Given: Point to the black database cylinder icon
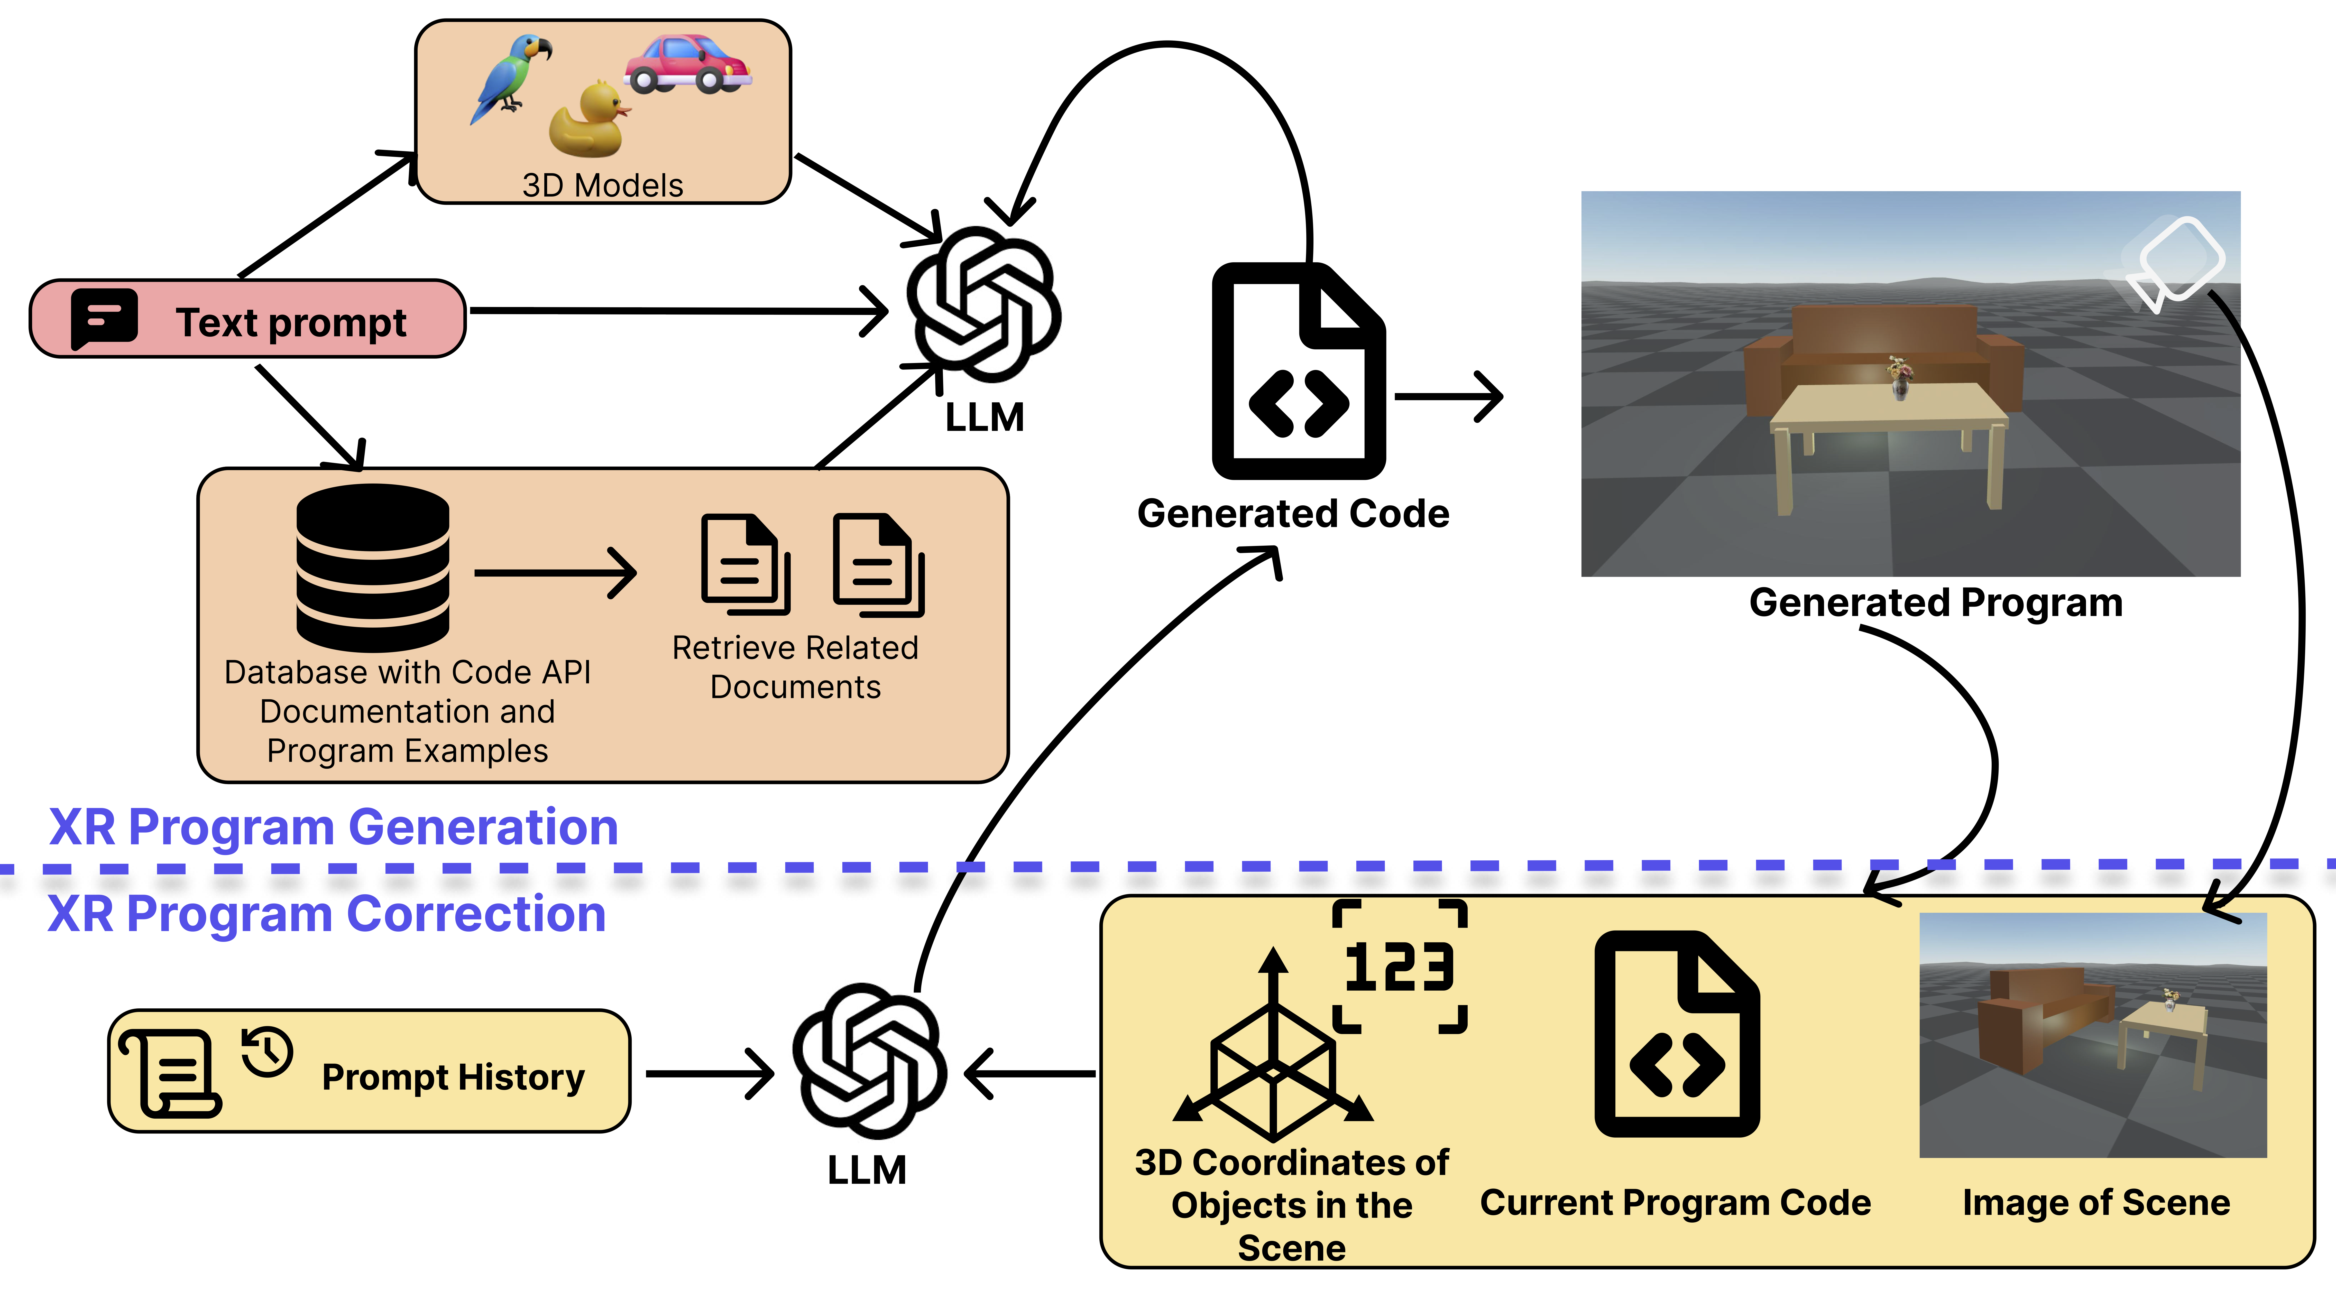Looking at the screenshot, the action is point(373,568).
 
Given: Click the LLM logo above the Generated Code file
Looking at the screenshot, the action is point(984,304).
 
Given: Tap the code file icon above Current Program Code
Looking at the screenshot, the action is point(1678,1034).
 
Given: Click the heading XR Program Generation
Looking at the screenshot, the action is point(334,827).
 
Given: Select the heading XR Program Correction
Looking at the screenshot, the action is point(326,913).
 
